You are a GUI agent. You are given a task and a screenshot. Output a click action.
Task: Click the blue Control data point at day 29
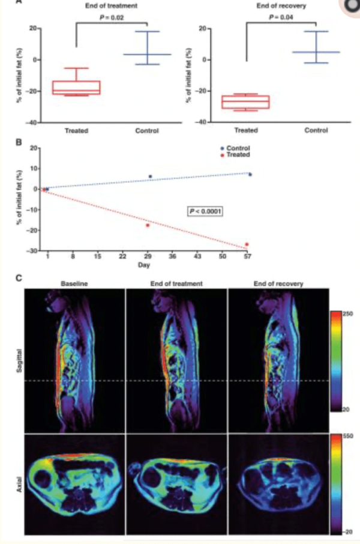[x=150, y=177]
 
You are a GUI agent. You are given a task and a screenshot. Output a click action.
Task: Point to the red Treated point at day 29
[x=148, y=225]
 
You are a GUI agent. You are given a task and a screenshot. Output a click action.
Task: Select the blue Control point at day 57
[x=250, y=174]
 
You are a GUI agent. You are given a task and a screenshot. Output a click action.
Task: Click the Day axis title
[x=146, y=264]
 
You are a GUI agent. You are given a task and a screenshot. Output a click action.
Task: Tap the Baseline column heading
[x=73, y=283]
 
